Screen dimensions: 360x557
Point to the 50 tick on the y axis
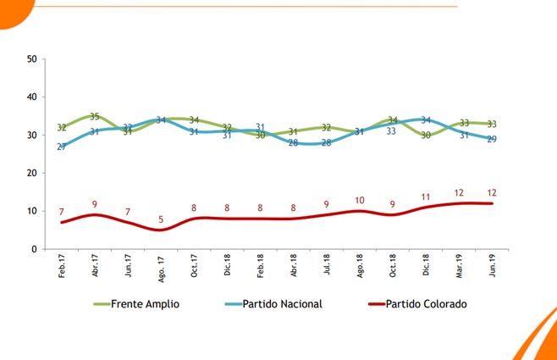click(x=31, y=59)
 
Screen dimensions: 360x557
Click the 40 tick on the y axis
click(x=31, y=97)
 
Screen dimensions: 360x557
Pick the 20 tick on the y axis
click(x=31, y=174)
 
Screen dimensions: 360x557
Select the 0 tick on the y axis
click(x=34, y=250)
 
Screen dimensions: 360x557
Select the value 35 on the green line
click(x=95, y=117)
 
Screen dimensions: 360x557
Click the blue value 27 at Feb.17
click(x=62, y=147)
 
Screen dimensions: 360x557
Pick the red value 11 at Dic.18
click(x=426, y=197)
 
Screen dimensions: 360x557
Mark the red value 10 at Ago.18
click(x=359, y=201)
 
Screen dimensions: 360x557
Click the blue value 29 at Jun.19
click(x=492, y=139)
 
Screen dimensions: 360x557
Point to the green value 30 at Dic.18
click(x=426, y=136)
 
